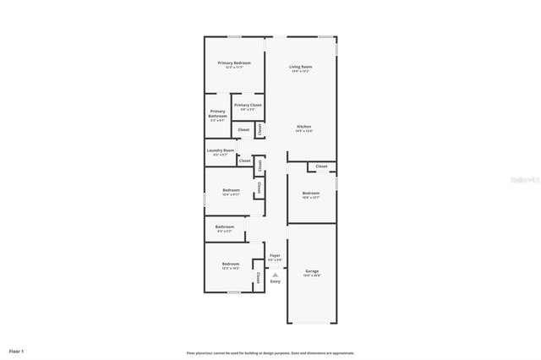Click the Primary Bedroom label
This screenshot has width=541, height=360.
234,63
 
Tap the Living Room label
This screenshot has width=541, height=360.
300,67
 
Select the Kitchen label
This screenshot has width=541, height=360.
303,127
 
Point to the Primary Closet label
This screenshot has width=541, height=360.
248,106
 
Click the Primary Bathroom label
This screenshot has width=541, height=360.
217,114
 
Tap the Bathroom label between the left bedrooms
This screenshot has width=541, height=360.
224,226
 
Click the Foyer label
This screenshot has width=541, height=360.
275,254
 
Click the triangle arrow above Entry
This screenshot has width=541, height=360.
275,272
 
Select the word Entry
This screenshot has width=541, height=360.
275,281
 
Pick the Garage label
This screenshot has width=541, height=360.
312,271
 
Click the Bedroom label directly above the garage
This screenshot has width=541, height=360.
311,194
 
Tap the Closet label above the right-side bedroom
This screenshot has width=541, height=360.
321,166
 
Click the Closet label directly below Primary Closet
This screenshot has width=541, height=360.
243,129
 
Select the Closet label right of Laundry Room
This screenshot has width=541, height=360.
244,161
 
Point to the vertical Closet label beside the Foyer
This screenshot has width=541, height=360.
257,277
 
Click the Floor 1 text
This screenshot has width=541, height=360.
17,350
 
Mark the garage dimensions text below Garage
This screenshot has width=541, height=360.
312,275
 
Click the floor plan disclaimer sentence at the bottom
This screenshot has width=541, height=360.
270,353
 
